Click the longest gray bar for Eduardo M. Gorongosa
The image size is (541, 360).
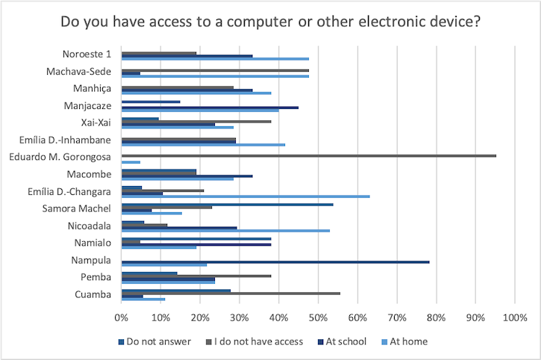pyautogui.click(x=308, y=155)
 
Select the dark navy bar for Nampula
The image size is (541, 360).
pyautogui.click(x=275, y=261)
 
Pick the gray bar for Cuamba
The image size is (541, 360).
pyautogui.click(x=230, y=294)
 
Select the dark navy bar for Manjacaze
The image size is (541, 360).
pyautogui.click(x=210, y=108)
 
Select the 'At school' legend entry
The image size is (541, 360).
pyautogui.click(x=343, y=341)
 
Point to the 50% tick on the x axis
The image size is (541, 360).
pyautogui.click(x=318, y=317)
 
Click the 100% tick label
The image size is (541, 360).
pyautogui.click(x=515, y=317)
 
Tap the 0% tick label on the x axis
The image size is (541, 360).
pyautogui.click(x=121, y=317)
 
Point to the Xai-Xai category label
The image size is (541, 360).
pyautogui.click(x=96, y=122)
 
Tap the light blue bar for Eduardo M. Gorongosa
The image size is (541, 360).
pyautogui.click(x=131, y=162)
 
